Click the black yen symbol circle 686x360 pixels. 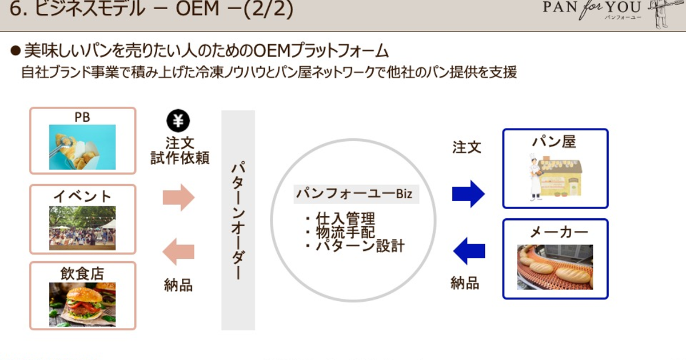178,121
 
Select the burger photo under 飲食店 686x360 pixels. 82,304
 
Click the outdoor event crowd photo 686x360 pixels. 82,228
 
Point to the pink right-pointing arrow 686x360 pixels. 179,198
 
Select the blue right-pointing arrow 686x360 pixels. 468,194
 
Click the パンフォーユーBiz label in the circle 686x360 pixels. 354,194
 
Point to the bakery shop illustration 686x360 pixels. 555,175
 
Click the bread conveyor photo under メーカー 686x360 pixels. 555,267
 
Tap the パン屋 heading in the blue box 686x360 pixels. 554,141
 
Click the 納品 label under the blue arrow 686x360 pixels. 465,282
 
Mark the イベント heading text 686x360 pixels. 82,196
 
